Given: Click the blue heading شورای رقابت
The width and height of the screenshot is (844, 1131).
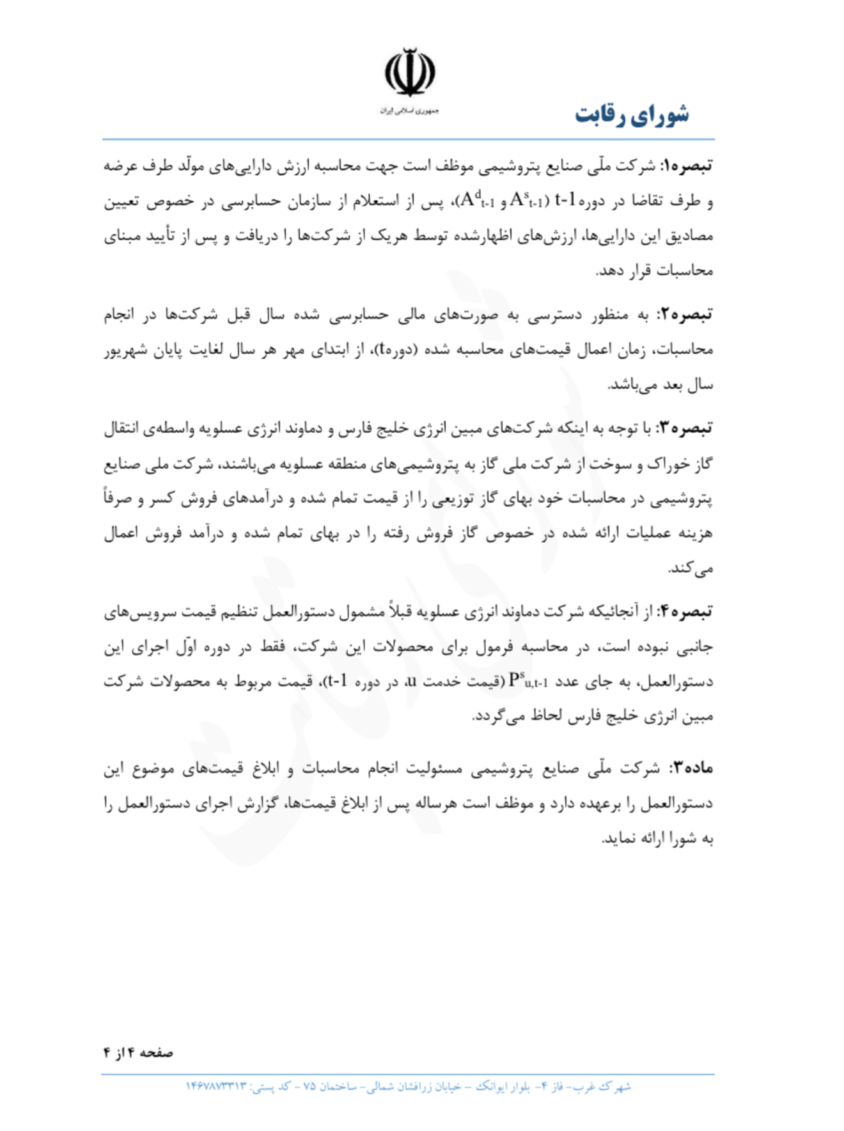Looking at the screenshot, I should [x=632, y=116].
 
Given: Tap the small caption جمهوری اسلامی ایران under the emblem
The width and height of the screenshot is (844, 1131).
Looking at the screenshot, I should [x=409, y=111].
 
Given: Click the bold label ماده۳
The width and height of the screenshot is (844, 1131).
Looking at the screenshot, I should [x=691, y=768].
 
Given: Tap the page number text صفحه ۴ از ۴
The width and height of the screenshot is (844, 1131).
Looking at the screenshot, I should [x=138, y=1052].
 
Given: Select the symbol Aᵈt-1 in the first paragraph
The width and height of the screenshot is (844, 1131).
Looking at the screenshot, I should [x=477, y=201].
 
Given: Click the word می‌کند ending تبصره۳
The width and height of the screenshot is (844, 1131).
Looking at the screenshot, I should [x=691, y=568].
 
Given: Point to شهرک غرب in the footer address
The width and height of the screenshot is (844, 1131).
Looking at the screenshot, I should [x=607, y=1087].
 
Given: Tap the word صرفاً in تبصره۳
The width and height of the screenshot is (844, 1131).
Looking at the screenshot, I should [x=120, y=498].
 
